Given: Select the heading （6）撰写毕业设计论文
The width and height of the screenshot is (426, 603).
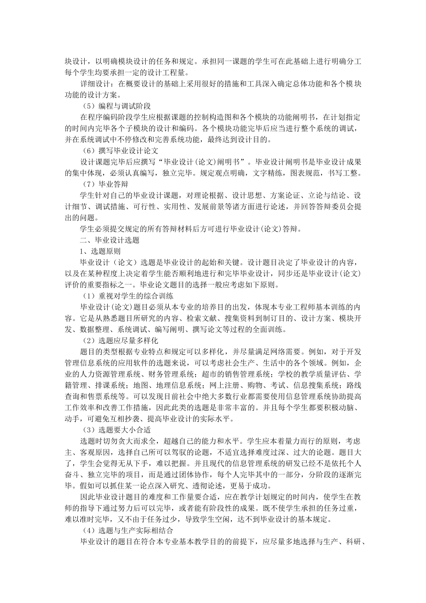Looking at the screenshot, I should tap(121, 151).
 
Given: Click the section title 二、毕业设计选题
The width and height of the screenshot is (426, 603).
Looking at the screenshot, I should tap(109, 240).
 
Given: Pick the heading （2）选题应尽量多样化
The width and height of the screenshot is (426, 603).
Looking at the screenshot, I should tap(121, 341).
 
